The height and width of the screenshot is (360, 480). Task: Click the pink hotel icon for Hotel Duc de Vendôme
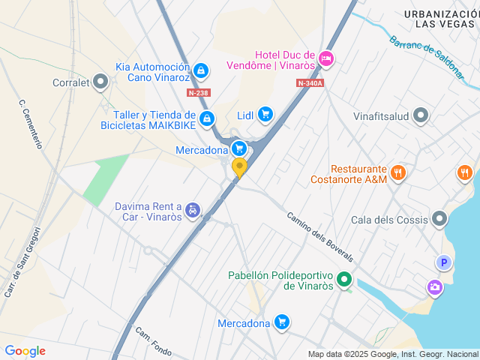click(325, 58)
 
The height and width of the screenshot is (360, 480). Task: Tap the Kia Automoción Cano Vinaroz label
click(153, 72)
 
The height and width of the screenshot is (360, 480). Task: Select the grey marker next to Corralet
click(100, 83)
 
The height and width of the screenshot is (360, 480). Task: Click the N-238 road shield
click(199, 93)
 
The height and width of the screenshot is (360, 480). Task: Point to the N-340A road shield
click(309, 83)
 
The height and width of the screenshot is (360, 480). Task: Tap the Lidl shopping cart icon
click(265, 114)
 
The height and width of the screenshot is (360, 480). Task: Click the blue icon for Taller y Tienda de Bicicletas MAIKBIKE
click(207, 119)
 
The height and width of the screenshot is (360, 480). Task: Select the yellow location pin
click(239, 167)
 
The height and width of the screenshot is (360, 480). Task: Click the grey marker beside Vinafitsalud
click(421, 115)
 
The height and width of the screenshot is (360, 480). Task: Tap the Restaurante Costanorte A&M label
click(349, 175)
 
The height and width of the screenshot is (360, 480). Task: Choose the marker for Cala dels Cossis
click(439, 219)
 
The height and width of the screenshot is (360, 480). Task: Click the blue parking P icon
click(444, 262)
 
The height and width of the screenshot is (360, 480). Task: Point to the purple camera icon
click(434, 286)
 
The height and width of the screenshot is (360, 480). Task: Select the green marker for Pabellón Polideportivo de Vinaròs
click(344, 280)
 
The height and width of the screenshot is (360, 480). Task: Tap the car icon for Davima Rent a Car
click(193, 211)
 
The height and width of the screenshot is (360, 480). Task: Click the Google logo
click(25, 351)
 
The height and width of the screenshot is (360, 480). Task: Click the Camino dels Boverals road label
click(319, 237)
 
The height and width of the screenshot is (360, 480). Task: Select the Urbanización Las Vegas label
click(439, 19)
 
